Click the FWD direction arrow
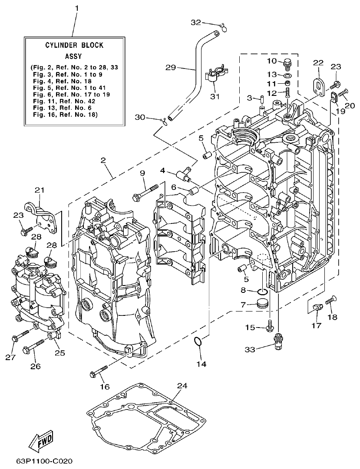tap(41, 442)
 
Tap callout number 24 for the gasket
tap(182, 386)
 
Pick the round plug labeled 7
tap(262, 303)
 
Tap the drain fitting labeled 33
tap(276, 337)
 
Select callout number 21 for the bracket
tap(40, 190)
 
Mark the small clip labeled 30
tap(164, 121)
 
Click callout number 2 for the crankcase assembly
tap(103, 160)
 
